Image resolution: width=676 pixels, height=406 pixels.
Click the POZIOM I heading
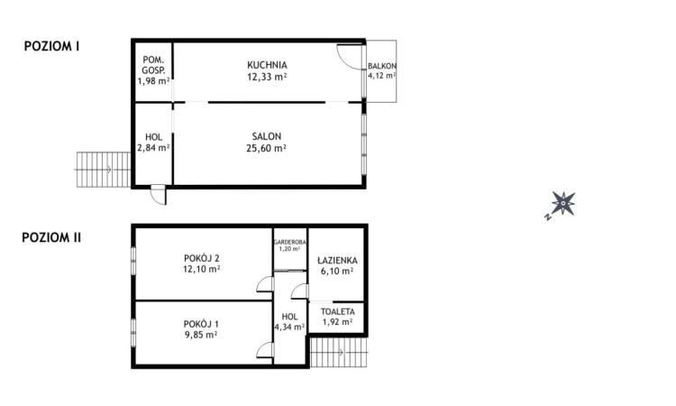[51, 46]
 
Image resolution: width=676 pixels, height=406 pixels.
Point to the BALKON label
[382, 67]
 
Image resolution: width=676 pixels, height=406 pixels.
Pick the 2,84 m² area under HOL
[153, 148]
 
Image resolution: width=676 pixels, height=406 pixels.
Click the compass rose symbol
[562, 204]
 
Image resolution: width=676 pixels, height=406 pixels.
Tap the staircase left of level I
[93, 169]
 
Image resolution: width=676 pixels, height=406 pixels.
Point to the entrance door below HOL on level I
[158, 194]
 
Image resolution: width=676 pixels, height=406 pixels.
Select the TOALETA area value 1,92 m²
[337, 321]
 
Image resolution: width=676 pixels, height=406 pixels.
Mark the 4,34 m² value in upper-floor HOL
[289, 328]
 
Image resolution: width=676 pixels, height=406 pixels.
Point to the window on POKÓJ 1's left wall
[133, 328]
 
